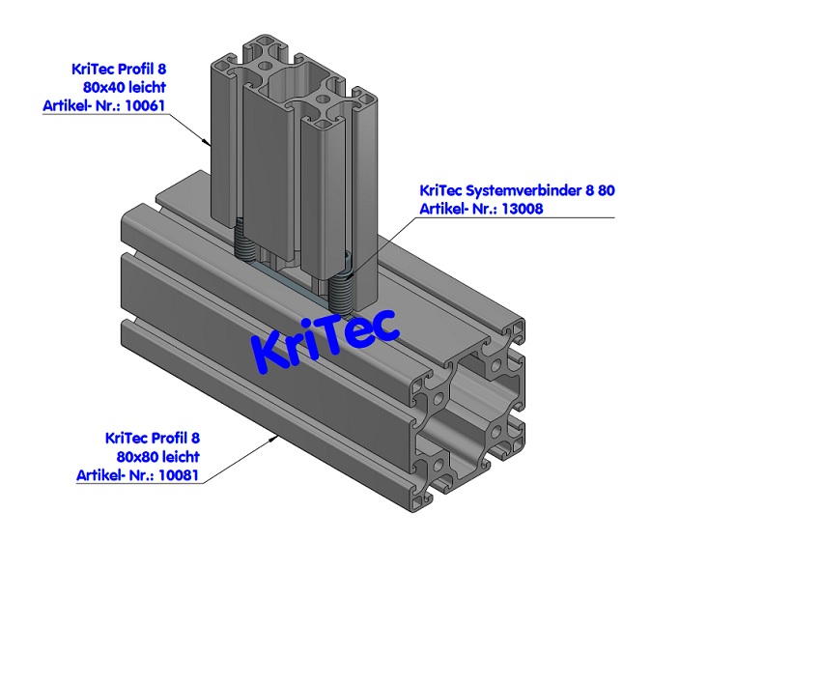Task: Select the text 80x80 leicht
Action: [x=157, y=456]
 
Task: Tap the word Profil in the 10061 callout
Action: [x=143, y=69]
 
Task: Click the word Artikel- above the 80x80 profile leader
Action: [x=101, y=474]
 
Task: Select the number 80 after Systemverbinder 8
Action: [x=606, y=190]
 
